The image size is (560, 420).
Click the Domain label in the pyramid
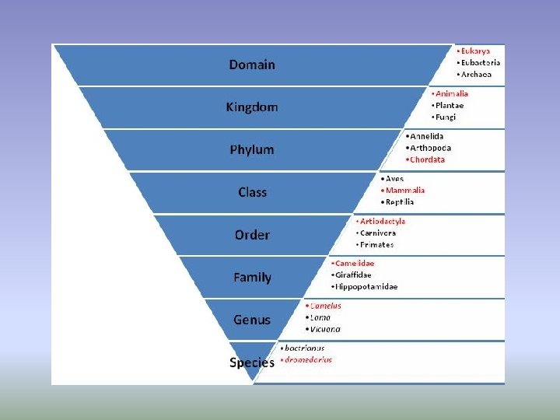tap(252, 65)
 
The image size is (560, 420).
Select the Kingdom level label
tap(252, 107)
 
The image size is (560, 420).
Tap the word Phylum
tap(252, 149)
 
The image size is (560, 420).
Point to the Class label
tap(252, 192)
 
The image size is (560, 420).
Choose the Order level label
tap(252, 235)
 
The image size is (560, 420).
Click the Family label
tap(252, 277)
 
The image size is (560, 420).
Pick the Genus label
tap(252, 320)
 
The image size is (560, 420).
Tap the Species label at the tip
tap(251, 362)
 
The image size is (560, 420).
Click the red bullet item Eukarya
tap(475, 51)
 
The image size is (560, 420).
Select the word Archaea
tap(477, 75)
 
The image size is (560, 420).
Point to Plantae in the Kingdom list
tap(451, 106)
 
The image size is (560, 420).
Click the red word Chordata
tap(427, 159)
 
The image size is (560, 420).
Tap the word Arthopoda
tap(430, 148)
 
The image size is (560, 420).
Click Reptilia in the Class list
tap(400, 201)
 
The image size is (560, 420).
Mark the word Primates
tap(376, 244)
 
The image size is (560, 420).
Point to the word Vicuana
tap(325, 329)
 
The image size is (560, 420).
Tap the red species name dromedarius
tap(308, 359)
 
